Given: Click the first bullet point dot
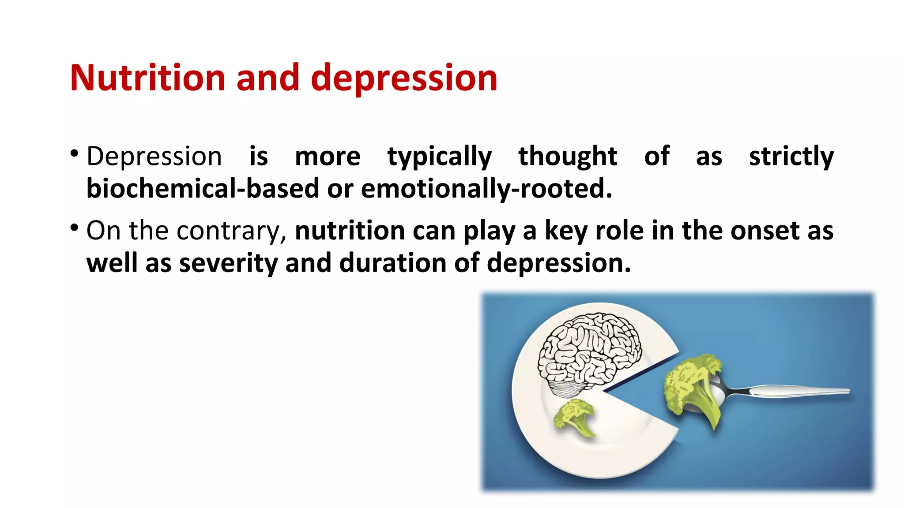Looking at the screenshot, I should click(74, 154).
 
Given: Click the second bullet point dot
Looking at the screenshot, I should click(74, 228).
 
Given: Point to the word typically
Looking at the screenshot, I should click(439, 157).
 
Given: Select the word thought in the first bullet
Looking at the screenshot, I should click(568, 156).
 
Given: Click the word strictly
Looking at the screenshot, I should click(791, 157).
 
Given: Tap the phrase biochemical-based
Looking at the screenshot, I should click(202, 189).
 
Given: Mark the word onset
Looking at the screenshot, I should click(765, 231).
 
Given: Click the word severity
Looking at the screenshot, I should click(228, 263).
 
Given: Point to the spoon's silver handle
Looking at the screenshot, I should click(795, 391).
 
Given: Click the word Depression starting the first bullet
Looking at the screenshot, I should click(154, 157).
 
